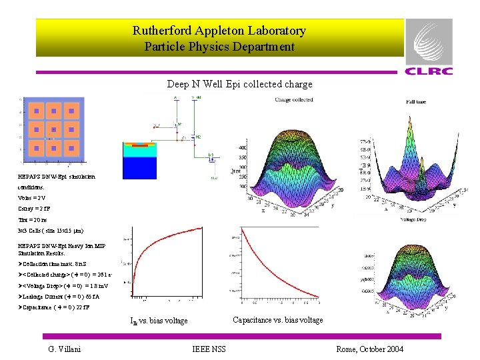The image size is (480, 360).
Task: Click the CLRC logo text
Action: pyautogui.click(x=429, y=71)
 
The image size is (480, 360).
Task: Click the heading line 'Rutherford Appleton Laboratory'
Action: pyautogui.click(x=219, y=31)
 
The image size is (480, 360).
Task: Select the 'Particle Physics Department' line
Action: pyautogui.click(x=219, y=47)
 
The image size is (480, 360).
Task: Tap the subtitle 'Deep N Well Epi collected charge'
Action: pyautogui.click(x=239, y=84)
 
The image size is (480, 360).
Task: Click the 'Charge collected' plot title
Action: pyautogui.click(x=294, y=100)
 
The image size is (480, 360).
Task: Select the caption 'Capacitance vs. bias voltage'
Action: pyautogui.click(x=277, y=320)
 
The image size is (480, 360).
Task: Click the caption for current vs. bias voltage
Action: pyautogui.click(x=159, y=321)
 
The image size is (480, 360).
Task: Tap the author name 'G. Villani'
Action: pyautogui.click(x=66, y=349)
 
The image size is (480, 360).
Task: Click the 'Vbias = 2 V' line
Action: pyautogui.click(x=32, y=198)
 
